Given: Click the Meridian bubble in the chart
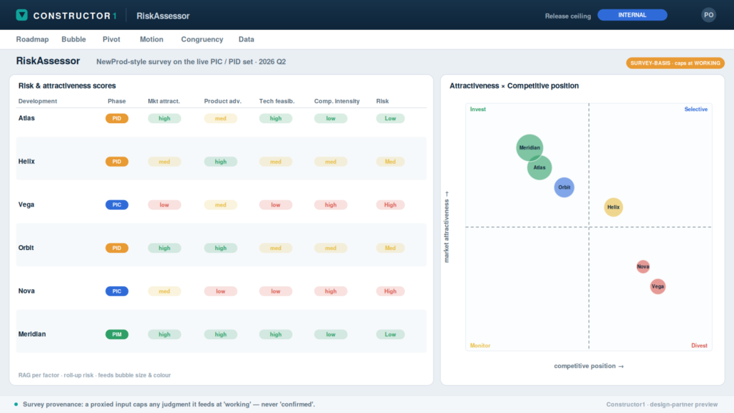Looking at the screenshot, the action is click(x=529, y=147).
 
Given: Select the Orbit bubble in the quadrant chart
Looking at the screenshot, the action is click(x=564, y=187).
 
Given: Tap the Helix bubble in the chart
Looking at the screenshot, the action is click(x=614, y=206).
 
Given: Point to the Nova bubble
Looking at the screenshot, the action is click(x=643, y=266).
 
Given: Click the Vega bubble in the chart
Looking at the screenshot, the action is click(x=658, y=286).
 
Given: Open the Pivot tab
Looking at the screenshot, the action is click(x=111, y=39).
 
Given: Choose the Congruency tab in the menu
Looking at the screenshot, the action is click(x=202, y=39).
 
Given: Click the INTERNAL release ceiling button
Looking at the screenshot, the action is click(x=632, y=15).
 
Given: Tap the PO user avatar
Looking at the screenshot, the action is click(x=708, y=15).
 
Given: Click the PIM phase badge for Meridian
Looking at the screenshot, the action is click(x=117, y=335).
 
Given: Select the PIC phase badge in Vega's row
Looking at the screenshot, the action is click(x=117, y=205).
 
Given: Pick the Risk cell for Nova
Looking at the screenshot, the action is click(x=390, y=291).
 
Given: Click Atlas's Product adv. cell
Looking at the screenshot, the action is click(x=220, y=118).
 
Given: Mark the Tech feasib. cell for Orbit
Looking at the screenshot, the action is click(x=275, y=248).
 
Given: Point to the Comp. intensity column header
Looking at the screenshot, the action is click(x=336, y=101).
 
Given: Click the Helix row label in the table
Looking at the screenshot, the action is click(x=26, y=162).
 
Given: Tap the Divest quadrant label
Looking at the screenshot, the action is click(x=699, y=345).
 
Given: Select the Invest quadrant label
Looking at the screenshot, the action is click(x=477, y=109).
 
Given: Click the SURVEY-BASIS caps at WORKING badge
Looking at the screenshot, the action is click(x=675, y=63).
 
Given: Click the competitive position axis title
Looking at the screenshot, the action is click(x=589, y=366).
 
